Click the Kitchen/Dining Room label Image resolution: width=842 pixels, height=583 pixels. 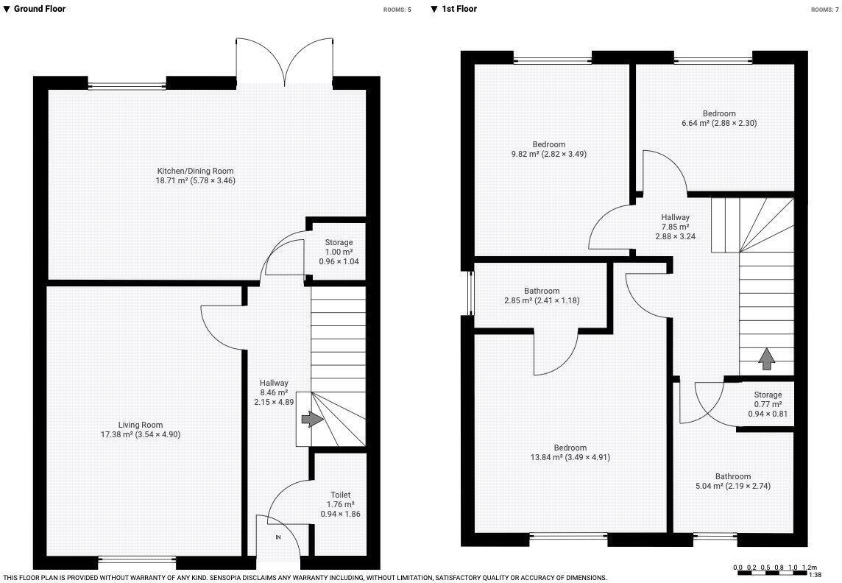[195, 171]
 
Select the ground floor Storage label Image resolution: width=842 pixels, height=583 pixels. [339, 242]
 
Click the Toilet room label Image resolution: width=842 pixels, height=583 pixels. [340, 495]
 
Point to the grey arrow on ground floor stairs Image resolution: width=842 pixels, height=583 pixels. [312, 419]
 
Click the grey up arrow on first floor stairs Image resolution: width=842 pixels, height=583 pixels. [766, 359]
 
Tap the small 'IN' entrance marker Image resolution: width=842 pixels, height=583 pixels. [278, 537]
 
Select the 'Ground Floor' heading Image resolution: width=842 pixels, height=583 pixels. [39, 9]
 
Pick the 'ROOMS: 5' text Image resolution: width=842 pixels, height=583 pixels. [397, 10]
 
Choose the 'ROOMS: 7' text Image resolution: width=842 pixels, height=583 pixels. [824, 10]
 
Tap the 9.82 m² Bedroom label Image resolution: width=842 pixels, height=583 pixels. [549, 144]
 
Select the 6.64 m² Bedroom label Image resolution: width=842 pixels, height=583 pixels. [718, 113]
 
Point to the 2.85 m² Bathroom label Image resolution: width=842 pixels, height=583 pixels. [542, 291]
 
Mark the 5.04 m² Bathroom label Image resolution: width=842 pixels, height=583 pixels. [733, 476]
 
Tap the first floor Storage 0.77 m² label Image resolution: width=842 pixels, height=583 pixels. [768, 395]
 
